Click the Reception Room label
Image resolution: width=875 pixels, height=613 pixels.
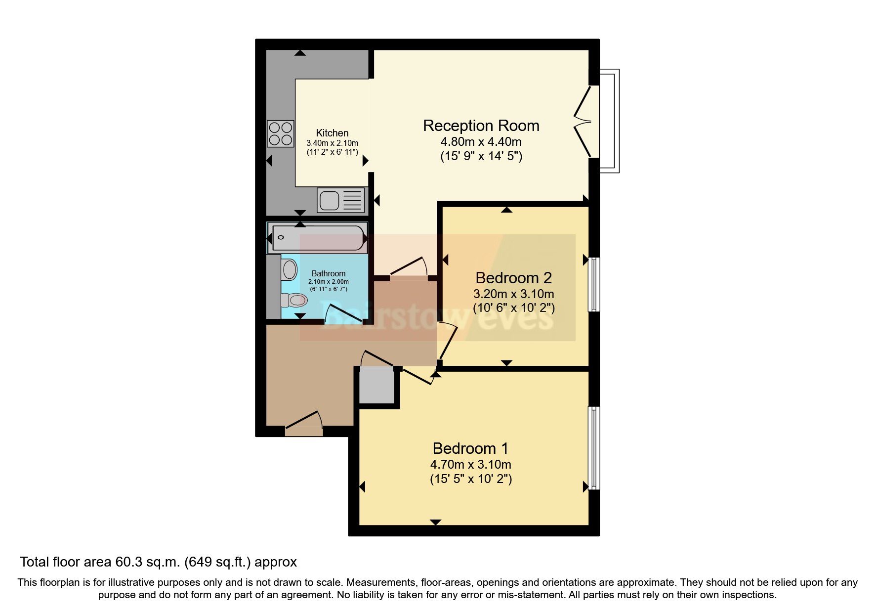481,126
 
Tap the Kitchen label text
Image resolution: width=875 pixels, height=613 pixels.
332,133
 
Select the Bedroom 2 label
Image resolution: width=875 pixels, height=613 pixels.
513,278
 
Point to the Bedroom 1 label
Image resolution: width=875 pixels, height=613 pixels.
470,448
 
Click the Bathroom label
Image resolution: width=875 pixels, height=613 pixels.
329,273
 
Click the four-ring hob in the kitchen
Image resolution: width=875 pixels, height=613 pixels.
281,133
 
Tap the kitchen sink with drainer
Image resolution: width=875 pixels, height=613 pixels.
341,200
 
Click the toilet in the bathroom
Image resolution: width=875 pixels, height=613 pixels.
295,300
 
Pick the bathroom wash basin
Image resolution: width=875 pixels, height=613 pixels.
289,270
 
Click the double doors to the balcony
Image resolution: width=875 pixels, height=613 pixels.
585,122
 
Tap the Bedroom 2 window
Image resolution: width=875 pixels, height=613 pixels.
594,284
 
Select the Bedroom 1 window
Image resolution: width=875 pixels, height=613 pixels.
594,448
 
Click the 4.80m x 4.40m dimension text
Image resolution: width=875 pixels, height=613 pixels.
481,142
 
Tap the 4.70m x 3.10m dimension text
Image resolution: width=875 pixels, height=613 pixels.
470,465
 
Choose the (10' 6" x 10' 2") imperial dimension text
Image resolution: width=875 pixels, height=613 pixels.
514,308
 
